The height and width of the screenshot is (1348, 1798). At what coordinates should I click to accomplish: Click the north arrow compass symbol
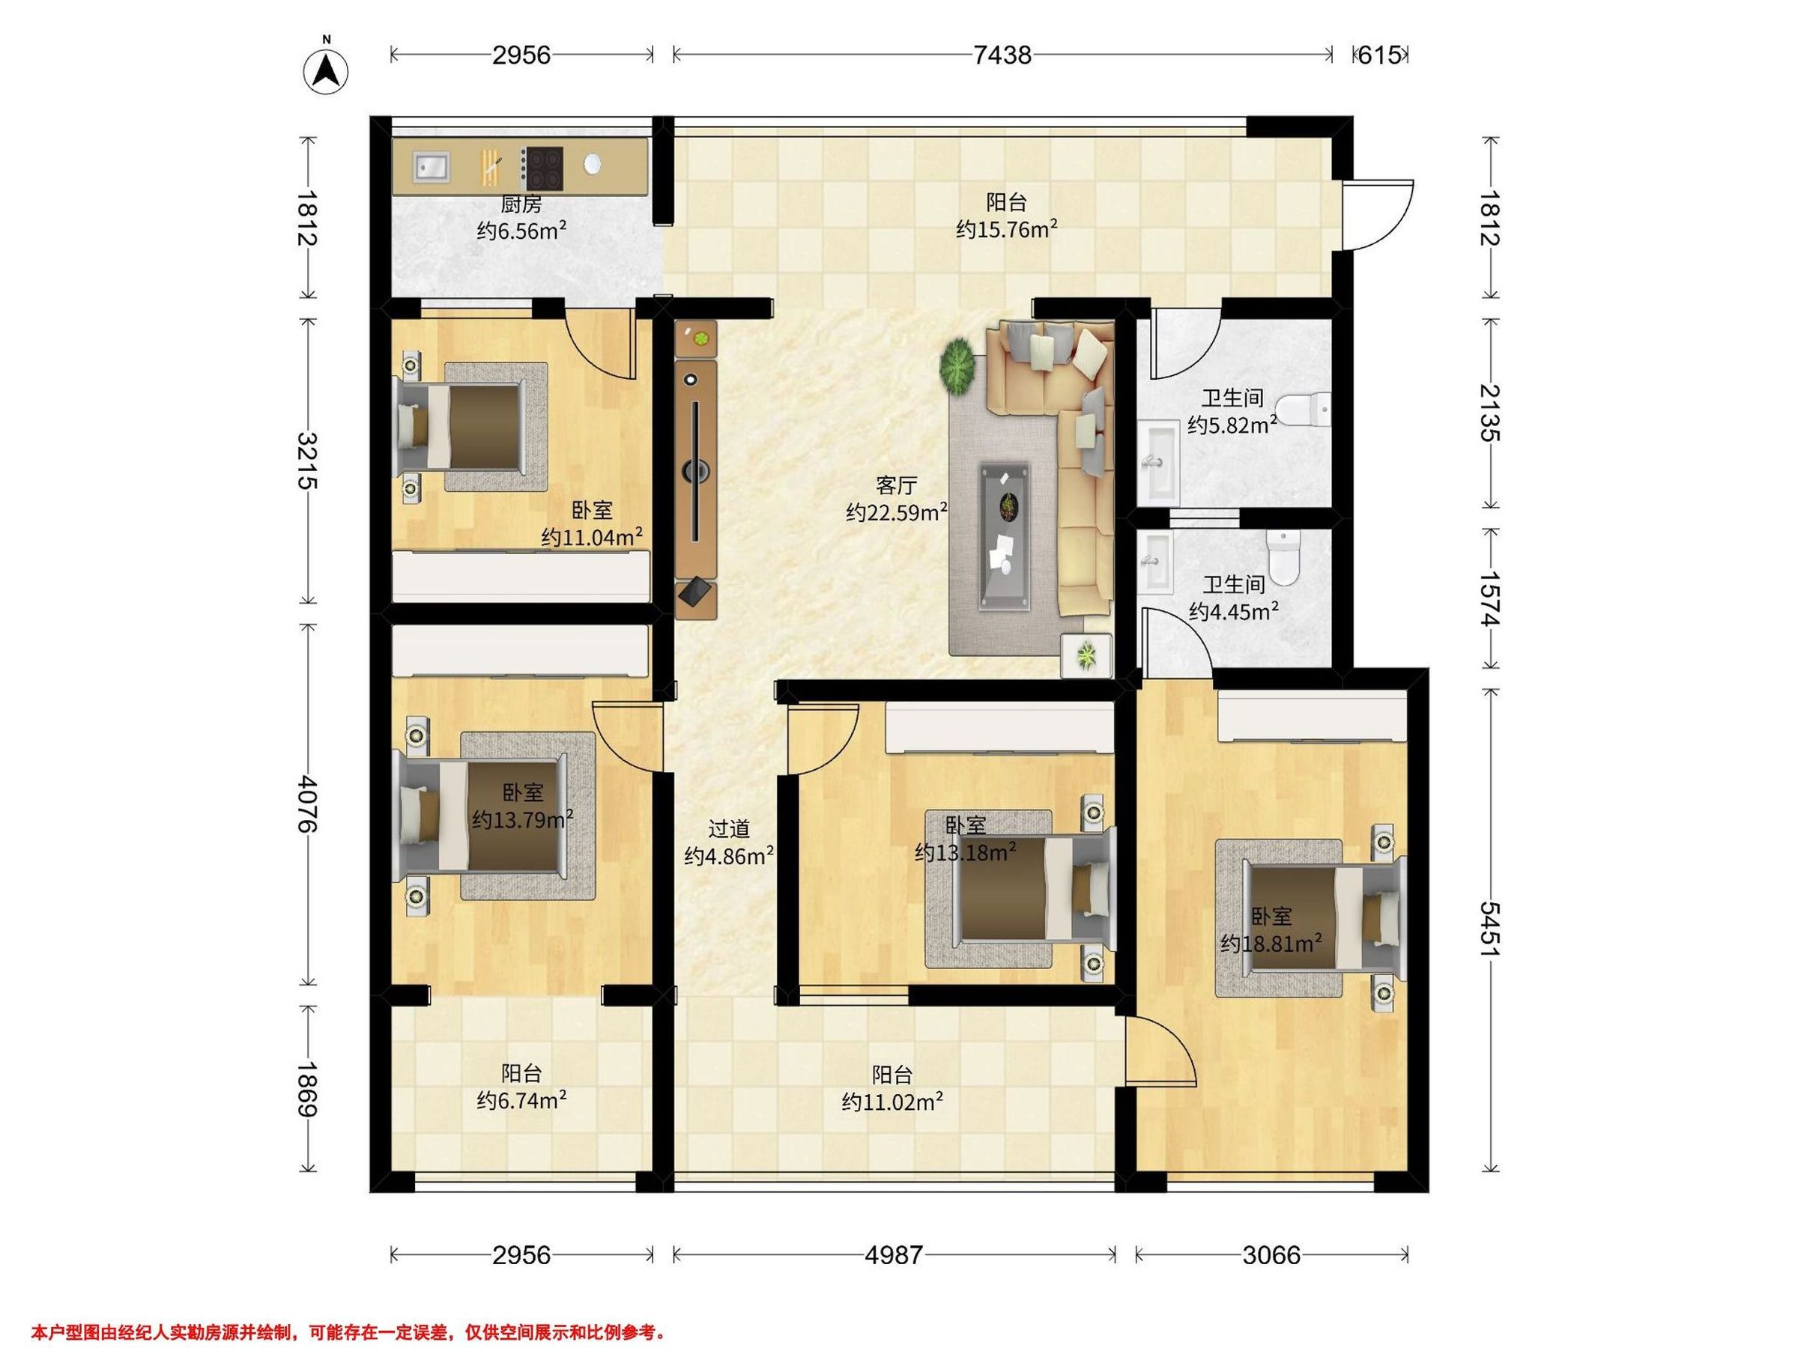pos(326,71)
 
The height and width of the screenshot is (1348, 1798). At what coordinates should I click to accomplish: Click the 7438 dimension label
pos(1002,55)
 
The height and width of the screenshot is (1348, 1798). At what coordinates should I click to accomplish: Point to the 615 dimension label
pos(1379,55)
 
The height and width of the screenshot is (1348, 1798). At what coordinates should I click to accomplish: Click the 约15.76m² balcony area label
pos(1006,229)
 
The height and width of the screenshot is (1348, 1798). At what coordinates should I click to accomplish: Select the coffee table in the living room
pos(1005,535)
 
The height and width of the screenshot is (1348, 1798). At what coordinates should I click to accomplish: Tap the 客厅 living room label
pos(896,485)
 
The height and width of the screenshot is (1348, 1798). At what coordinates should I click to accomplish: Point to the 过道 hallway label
pos(728,829)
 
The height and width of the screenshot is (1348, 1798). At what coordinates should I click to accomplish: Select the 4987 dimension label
pos(893,1255)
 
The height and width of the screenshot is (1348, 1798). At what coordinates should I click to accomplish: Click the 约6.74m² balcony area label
pos(522,1100)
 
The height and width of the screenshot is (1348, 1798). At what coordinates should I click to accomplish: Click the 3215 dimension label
pos(307,460)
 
